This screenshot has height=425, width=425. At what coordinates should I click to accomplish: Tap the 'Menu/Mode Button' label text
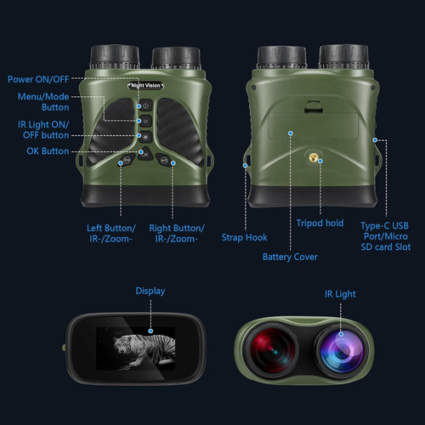click(x=43, y=102)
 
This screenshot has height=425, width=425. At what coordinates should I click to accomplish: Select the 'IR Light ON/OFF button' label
click(x=43, y=130)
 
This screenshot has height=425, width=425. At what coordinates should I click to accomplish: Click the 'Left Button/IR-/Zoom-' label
click(x=110, y=234)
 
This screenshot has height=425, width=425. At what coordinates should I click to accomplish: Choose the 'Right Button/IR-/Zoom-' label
click(x=176, y=234)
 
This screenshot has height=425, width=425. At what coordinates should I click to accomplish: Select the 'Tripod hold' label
click(x=320, y=223)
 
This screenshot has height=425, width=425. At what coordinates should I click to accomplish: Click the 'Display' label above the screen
click(x=150, y=292)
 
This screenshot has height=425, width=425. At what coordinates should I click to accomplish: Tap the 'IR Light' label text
click(x=340, y=294)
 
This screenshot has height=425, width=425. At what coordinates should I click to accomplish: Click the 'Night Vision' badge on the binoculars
click(x=147, y=87)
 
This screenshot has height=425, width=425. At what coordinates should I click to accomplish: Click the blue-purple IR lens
click(x=342, y=350)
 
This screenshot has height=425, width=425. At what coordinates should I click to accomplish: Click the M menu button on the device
click(x=146, y=121)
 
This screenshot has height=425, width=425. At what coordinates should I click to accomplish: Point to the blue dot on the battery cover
click(x=290, y=133)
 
